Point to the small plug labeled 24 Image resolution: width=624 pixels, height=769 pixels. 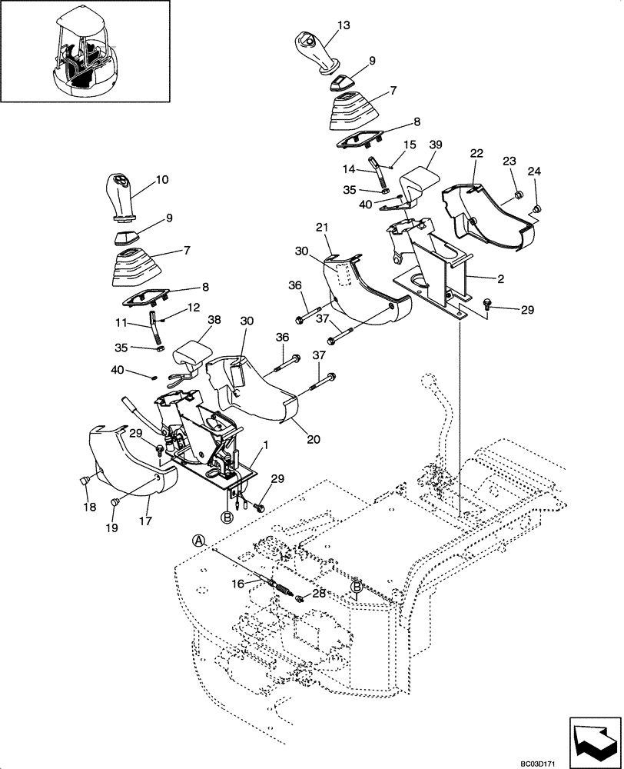click(x=538, y=208)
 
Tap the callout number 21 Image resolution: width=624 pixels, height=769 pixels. click(x=324, y=228)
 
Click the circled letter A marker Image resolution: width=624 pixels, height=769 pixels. click(x=199, y=541)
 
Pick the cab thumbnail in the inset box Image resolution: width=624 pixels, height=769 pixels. click(x=85, y=50)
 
